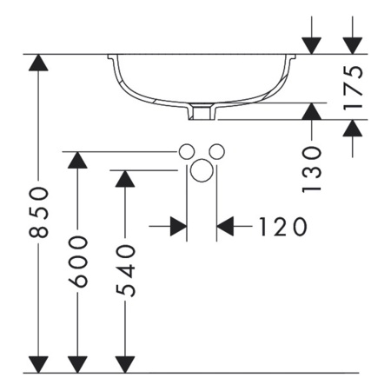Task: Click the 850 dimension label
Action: (38, 212)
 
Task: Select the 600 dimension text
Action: (77, 262)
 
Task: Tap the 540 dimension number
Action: (125, 271)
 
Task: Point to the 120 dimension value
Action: (282, 227)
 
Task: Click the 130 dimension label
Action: (312, 169)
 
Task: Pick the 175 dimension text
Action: (353, 89)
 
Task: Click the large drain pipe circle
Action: (202, 170)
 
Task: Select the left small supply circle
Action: (186, 151)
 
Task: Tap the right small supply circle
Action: (217, 151)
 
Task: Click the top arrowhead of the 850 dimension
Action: (38, 63)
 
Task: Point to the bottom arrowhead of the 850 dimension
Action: (38, 364)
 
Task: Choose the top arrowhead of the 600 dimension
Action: (77, 160)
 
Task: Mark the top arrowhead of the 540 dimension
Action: (125, 179)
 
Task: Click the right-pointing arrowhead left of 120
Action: (178, 226)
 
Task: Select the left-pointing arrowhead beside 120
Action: (225, 226)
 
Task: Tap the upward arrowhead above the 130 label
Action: (312, 111)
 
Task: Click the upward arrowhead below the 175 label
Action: (353, 128)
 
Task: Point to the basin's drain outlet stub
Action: (202, 112)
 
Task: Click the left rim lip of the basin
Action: (110, 56)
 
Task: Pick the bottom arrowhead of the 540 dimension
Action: (125, 364)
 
